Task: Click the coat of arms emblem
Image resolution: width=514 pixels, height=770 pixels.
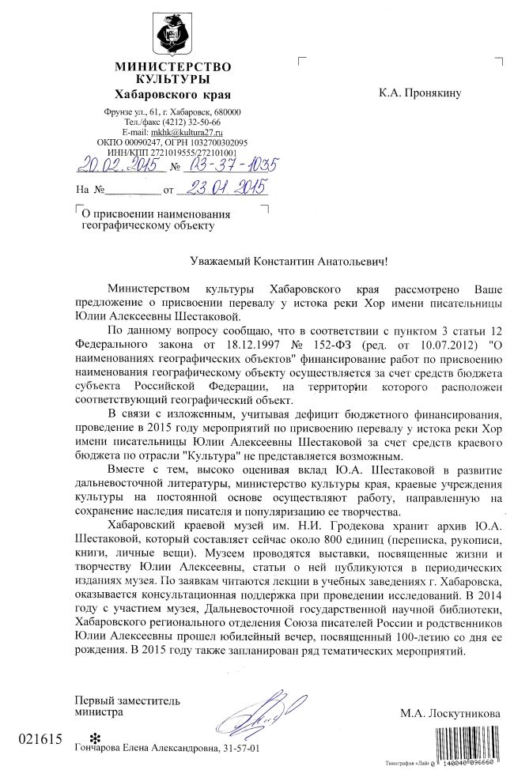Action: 173,33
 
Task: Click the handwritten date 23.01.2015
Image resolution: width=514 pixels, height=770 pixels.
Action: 222,188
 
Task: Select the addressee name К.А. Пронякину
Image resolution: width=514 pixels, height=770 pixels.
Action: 419,93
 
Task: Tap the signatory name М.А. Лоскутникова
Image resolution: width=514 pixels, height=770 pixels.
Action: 450,713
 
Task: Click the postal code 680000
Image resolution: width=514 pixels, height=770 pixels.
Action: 225,112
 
